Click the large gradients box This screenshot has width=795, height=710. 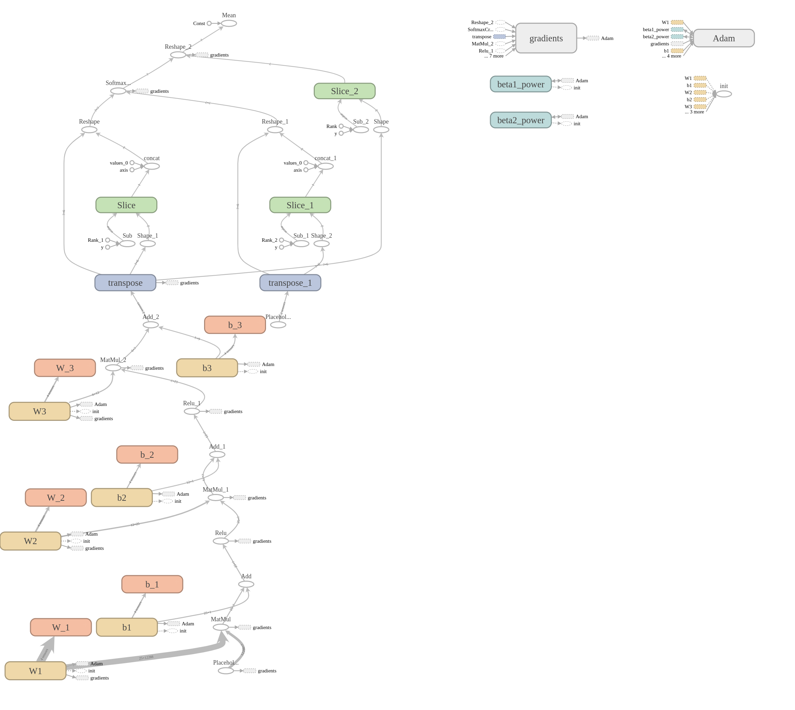(546, 38)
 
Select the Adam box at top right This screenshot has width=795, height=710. (723, 38)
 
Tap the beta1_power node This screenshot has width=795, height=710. (521, 84)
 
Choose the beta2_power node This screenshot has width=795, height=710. (521, 120)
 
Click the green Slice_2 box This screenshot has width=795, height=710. (344, 91)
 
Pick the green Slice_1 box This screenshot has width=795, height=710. (300, 205)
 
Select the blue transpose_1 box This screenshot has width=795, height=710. (290, 283)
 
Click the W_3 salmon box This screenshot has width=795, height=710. (65, 368)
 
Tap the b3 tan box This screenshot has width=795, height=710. (207, 368)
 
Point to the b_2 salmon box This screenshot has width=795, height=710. (147, 454)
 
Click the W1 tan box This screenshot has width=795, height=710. (36, 671)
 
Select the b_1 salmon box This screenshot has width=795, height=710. (152, 584)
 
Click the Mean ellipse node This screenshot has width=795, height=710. (229, 23)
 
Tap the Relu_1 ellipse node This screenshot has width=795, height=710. (192, 411)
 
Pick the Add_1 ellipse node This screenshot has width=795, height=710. (217, 454)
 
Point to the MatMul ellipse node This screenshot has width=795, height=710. (221, 627)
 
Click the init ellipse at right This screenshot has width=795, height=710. (724, 94)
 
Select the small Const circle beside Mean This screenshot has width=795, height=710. (209, 23)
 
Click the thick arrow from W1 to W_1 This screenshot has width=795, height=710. (46, 649)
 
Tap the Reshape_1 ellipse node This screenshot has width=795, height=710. (275, 130)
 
